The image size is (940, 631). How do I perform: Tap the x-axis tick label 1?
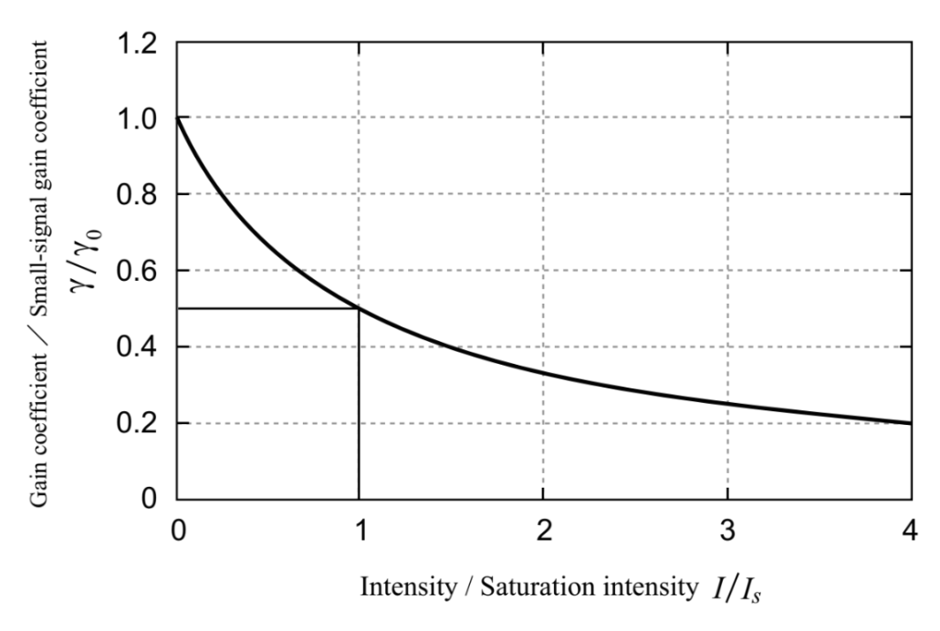coord(359,529)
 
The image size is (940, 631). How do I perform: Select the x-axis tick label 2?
coord(543,529)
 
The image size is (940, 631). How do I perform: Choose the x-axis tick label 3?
coord(727,529)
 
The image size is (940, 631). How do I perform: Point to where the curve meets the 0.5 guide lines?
coord(359,309)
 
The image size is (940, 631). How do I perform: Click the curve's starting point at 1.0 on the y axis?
coord(177,119)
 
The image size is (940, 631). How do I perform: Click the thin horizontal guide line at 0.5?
coord(265,309)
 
